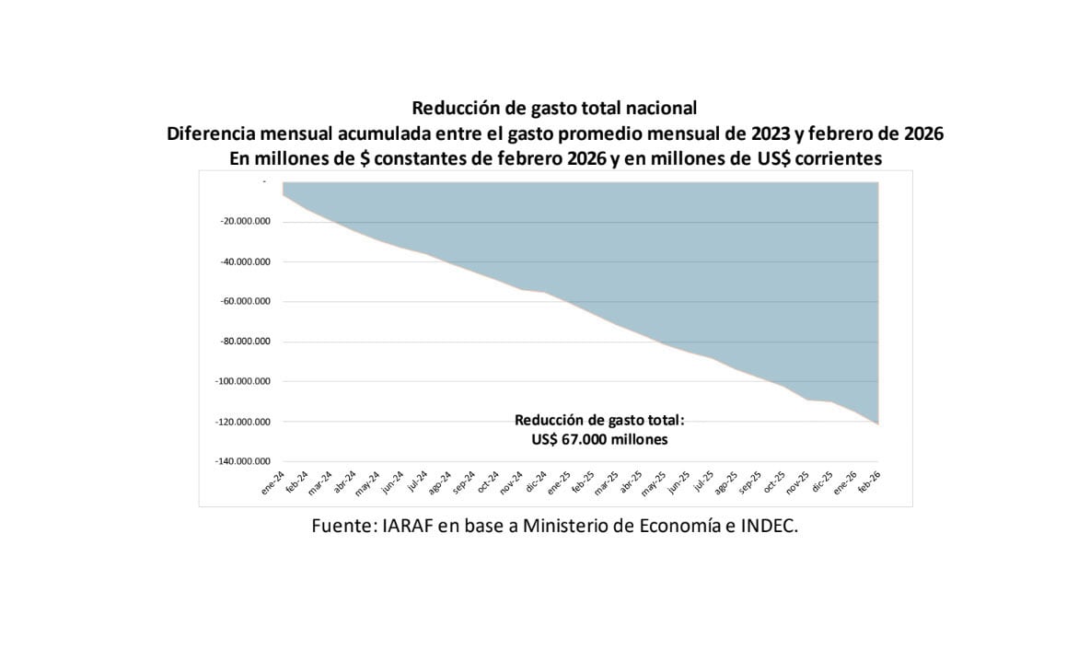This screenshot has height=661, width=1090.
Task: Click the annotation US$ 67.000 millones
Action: [x=599, y=440]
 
